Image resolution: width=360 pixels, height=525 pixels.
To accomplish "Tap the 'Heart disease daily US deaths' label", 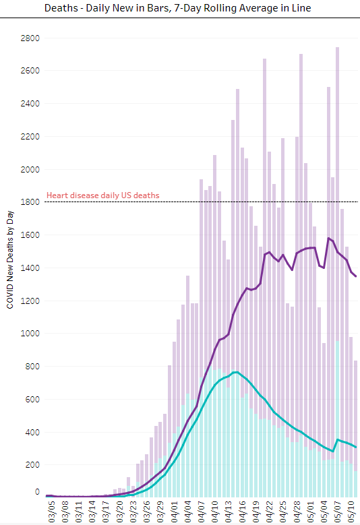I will point(102,195).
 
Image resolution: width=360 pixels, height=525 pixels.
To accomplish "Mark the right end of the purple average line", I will point(356,276).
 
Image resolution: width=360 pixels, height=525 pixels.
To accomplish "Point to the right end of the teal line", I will point(356,447).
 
